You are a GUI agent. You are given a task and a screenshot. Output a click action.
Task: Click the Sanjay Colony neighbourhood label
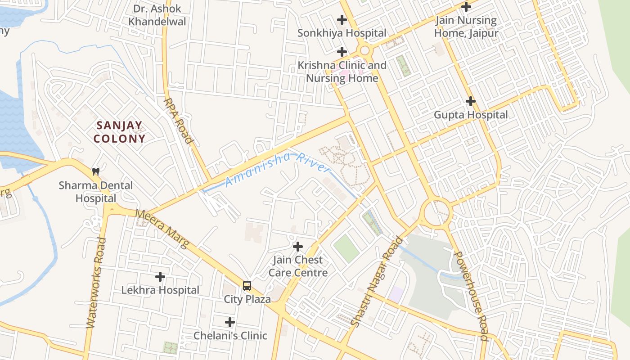tap(119, 132)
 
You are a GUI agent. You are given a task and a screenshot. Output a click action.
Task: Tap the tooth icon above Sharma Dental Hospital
tap(95, 171)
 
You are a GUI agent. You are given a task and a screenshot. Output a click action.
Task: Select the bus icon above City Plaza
tap(247, 285)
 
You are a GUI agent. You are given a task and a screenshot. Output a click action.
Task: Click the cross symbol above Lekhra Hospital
tap(160, 277)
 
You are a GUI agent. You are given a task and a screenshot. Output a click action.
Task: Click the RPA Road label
tap(179, 121)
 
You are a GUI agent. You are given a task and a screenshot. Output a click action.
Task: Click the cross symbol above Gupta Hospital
tap(471, 101)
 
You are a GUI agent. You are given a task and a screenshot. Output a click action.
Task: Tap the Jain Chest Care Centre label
tap(298, 266)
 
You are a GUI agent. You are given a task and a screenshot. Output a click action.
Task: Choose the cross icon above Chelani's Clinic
tap(230, 322)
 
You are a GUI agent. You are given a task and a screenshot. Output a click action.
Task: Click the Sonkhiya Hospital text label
tap(342, 33)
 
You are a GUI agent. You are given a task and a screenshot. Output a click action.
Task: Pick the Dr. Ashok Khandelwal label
tap(157, 15)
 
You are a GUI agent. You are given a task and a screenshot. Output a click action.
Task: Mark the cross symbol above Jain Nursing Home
tap(466, 7)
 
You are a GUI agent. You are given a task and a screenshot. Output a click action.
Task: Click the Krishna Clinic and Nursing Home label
tap(342, 72)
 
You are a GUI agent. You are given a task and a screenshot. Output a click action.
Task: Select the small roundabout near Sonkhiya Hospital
tap(364, 50)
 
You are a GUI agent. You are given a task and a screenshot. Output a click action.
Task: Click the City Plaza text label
tap(247, 299)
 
